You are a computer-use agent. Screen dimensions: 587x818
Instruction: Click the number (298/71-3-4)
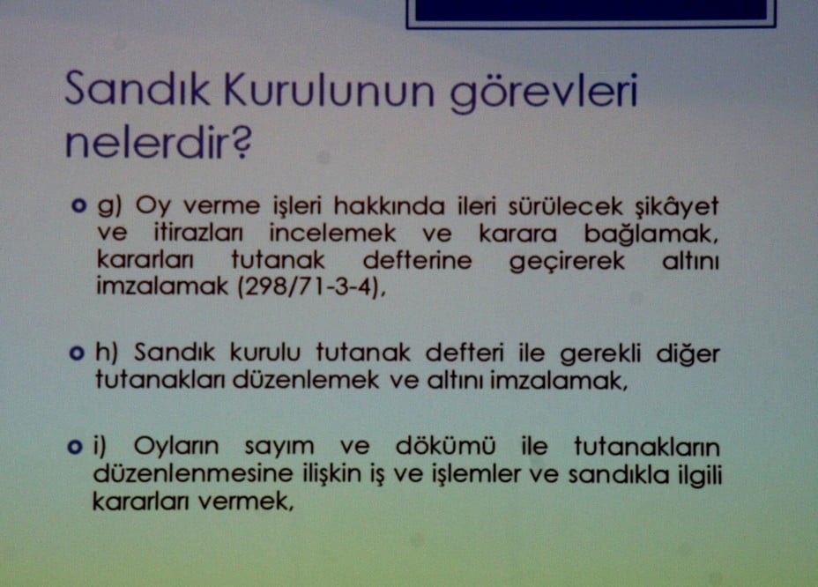[310, 291]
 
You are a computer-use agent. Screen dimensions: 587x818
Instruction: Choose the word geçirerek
[568, 263]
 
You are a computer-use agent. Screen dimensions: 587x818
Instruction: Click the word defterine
[417, 263]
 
